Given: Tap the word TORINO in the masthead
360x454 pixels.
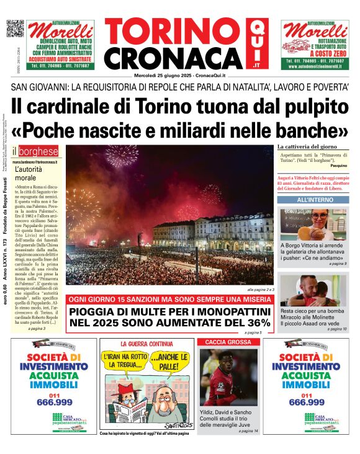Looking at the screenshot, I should (174, 32).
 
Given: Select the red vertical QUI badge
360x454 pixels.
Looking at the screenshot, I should (257, 43).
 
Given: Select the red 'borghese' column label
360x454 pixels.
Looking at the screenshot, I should (39, 151).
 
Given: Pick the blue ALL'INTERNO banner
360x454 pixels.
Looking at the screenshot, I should (315, 200).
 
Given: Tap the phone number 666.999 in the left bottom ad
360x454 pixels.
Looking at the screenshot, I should (53, 402).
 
